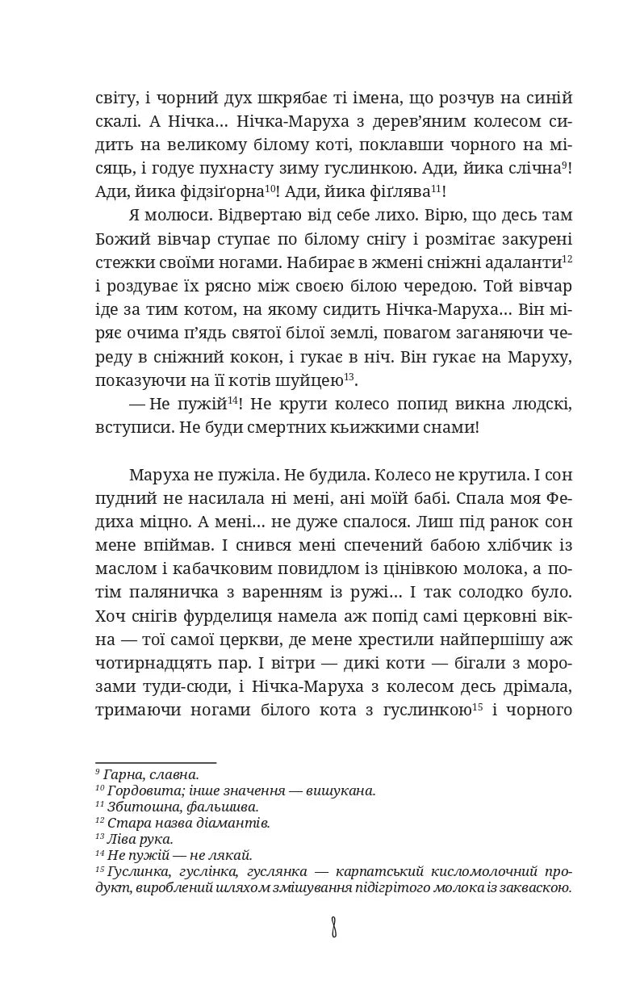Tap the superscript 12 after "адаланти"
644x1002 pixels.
click(x=567, y=258)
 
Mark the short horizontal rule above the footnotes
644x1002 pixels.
click(x=156, y=762)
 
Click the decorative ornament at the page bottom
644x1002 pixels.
click(x=333, y=927)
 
